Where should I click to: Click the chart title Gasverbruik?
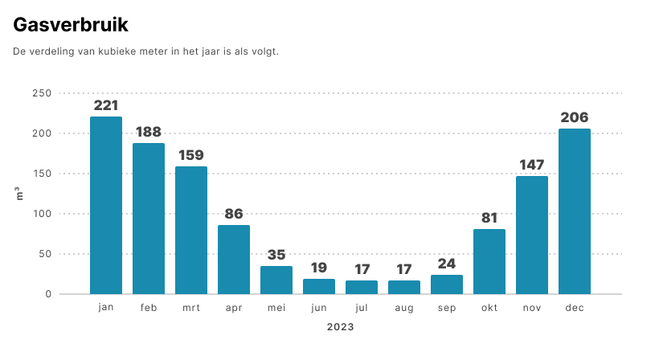[71, 25]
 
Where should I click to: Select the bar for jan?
[106, 206]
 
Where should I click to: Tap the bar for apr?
[234, 260]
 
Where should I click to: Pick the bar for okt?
[489, 262]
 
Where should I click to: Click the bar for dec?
[575, 211]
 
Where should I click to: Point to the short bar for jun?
[319, 287]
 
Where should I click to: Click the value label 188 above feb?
[149, 132]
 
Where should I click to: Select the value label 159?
[191, 155]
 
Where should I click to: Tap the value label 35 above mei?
[276, 255]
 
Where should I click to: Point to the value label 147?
[532, 165]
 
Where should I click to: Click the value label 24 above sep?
[447, 264]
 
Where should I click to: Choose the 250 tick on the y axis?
[42, 93]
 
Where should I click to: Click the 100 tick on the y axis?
[42, 214]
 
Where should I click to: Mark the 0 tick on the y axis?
[48, 294]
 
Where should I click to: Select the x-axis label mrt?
[191, 308]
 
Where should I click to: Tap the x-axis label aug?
[404, 309]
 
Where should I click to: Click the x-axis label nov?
[532, 308]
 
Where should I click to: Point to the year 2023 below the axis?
[341, 327]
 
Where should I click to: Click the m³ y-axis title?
[19, 194]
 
